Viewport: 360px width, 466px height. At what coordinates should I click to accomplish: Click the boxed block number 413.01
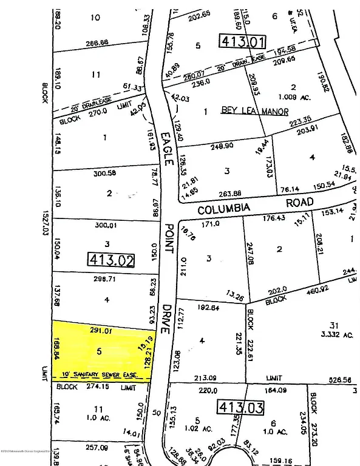pos(241,41)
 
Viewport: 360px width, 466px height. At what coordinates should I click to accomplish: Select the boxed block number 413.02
pos(112,260)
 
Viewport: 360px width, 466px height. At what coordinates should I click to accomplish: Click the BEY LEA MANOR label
pos(245,112)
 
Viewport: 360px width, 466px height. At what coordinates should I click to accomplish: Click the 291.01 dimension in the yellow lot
pos(103,331)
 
